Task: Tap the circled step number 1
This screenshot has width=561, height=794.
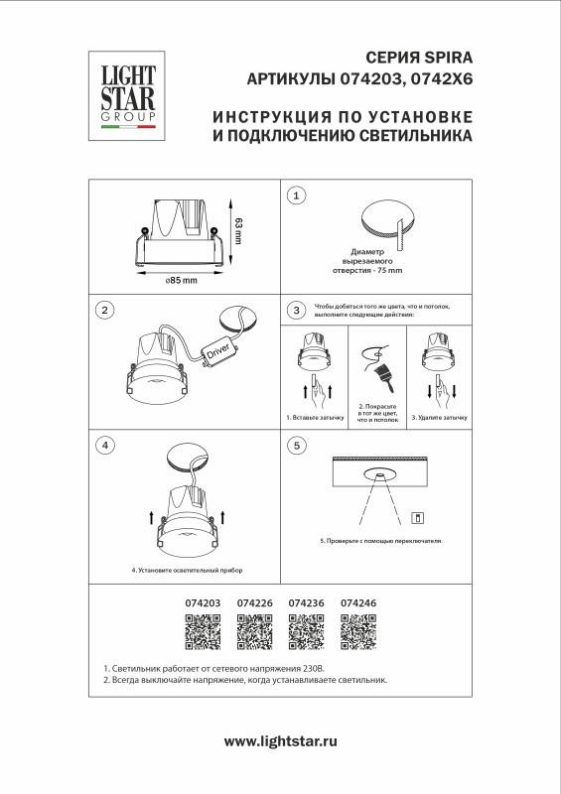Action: (296, 197)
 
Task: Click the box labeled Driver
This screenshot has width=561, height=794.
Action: (217, 350)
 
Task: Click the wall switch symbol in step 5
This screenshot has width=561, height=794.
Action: (417, 516)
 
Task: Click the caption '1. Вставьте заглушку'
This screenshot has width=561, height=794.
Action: (315, 419)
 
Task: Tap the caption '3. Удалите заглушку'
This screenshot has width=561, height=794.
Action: (439, 419)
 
